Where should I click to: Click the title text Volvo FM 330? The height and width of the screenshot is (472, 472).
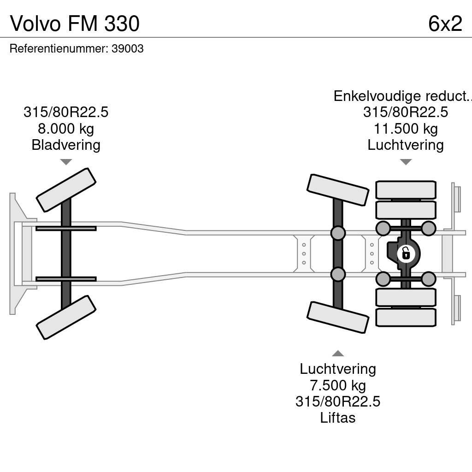(75, 23)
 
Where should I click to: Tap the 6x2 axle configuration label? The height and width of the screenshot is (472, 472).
(445, 23)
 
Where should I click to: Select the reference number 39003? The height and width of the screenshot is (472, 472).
(128, 49)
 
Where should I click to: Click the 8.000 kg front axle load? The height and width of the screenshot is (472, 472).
(66, 129)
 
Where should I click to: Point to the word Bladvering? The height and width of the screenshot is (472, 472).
(66, 145)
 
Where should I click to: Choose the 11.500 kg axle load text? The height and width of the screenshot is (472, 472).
(406, 129)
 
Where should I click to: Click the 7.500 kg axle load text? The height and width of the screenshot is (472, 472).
(338, 385)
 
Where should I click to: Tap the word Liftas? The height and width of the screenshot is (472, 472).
(338, 418)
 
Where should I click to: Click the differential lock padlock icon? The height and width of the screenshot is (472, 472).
(406, 254)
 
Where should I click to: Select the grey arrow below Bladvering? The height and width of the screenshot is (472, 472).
(66, 162)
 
